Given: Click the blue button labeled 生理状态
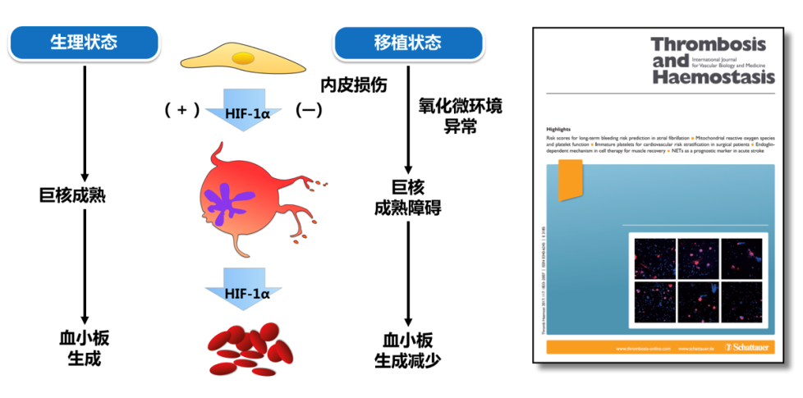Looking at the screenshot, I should coord(84,42).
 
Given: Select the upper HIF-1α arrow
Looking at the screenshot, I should coord(245,108).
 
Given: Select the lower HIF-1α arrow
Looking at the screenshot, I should coord(245,294).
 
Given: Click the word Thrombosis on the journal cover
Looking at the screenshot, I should coord(708,44).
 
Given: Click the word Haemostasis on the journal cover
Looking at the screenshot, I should coord(712,77).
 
